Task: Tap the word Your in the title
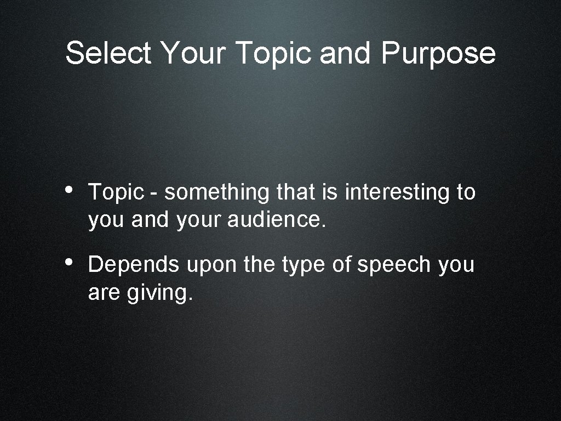point(193,53)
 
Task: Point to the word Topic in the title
point(274,53)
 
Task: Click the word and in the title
point(346,53)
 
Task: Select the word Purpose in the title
point(438,53)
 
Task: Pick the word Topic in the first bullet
point(116,192)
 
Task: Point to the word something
point(217,192)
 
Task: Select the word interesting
point(397,192)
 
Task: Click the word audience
point(276,220)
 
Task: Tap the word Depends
point(134,265)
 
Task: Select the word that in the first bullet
point(296,192)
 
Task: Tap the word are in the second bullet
point(104,293)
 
